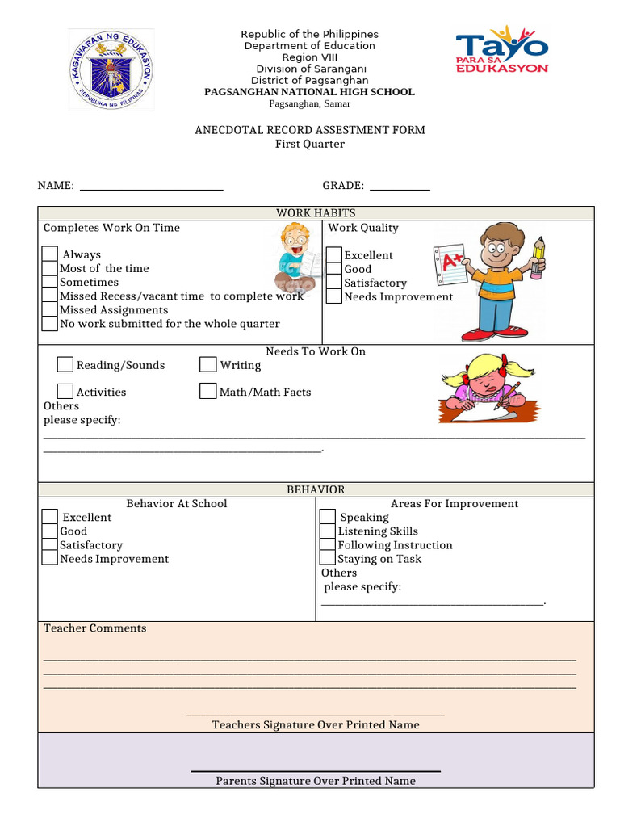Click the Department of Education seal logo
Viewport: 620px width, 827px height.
(110, 71)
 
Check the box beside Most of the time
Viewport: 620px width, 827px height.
(50, 268)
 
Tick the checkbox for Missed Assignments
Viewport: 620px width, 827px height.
(50, 310)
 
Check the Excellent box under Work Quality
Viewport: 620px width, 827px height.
(334, 255)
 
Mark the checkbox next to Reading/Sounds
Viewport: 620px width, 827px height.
(65, 365)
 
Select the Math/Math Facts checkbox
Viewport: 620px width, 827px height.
(207, 392)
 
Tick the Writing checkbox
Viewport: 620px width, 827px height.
(207, 365)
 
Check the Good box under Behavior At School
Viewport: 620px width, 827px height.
(50, 531)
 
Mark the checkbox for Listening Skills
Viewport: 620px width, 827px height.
(327, 531)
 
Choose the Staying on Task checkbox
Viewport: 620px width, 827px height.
(327, 559)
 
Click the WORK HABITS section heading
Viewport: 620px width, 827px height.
(316, 213)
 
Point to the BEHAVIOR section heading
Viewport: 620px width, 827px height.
(316, 490)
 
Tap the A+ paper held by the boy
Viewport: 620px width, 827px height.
(451, 266)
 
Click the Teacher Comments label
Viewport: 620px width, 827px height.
(95, 628)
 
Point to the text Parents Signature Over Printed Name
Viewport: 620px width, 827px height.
(316, 781)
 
